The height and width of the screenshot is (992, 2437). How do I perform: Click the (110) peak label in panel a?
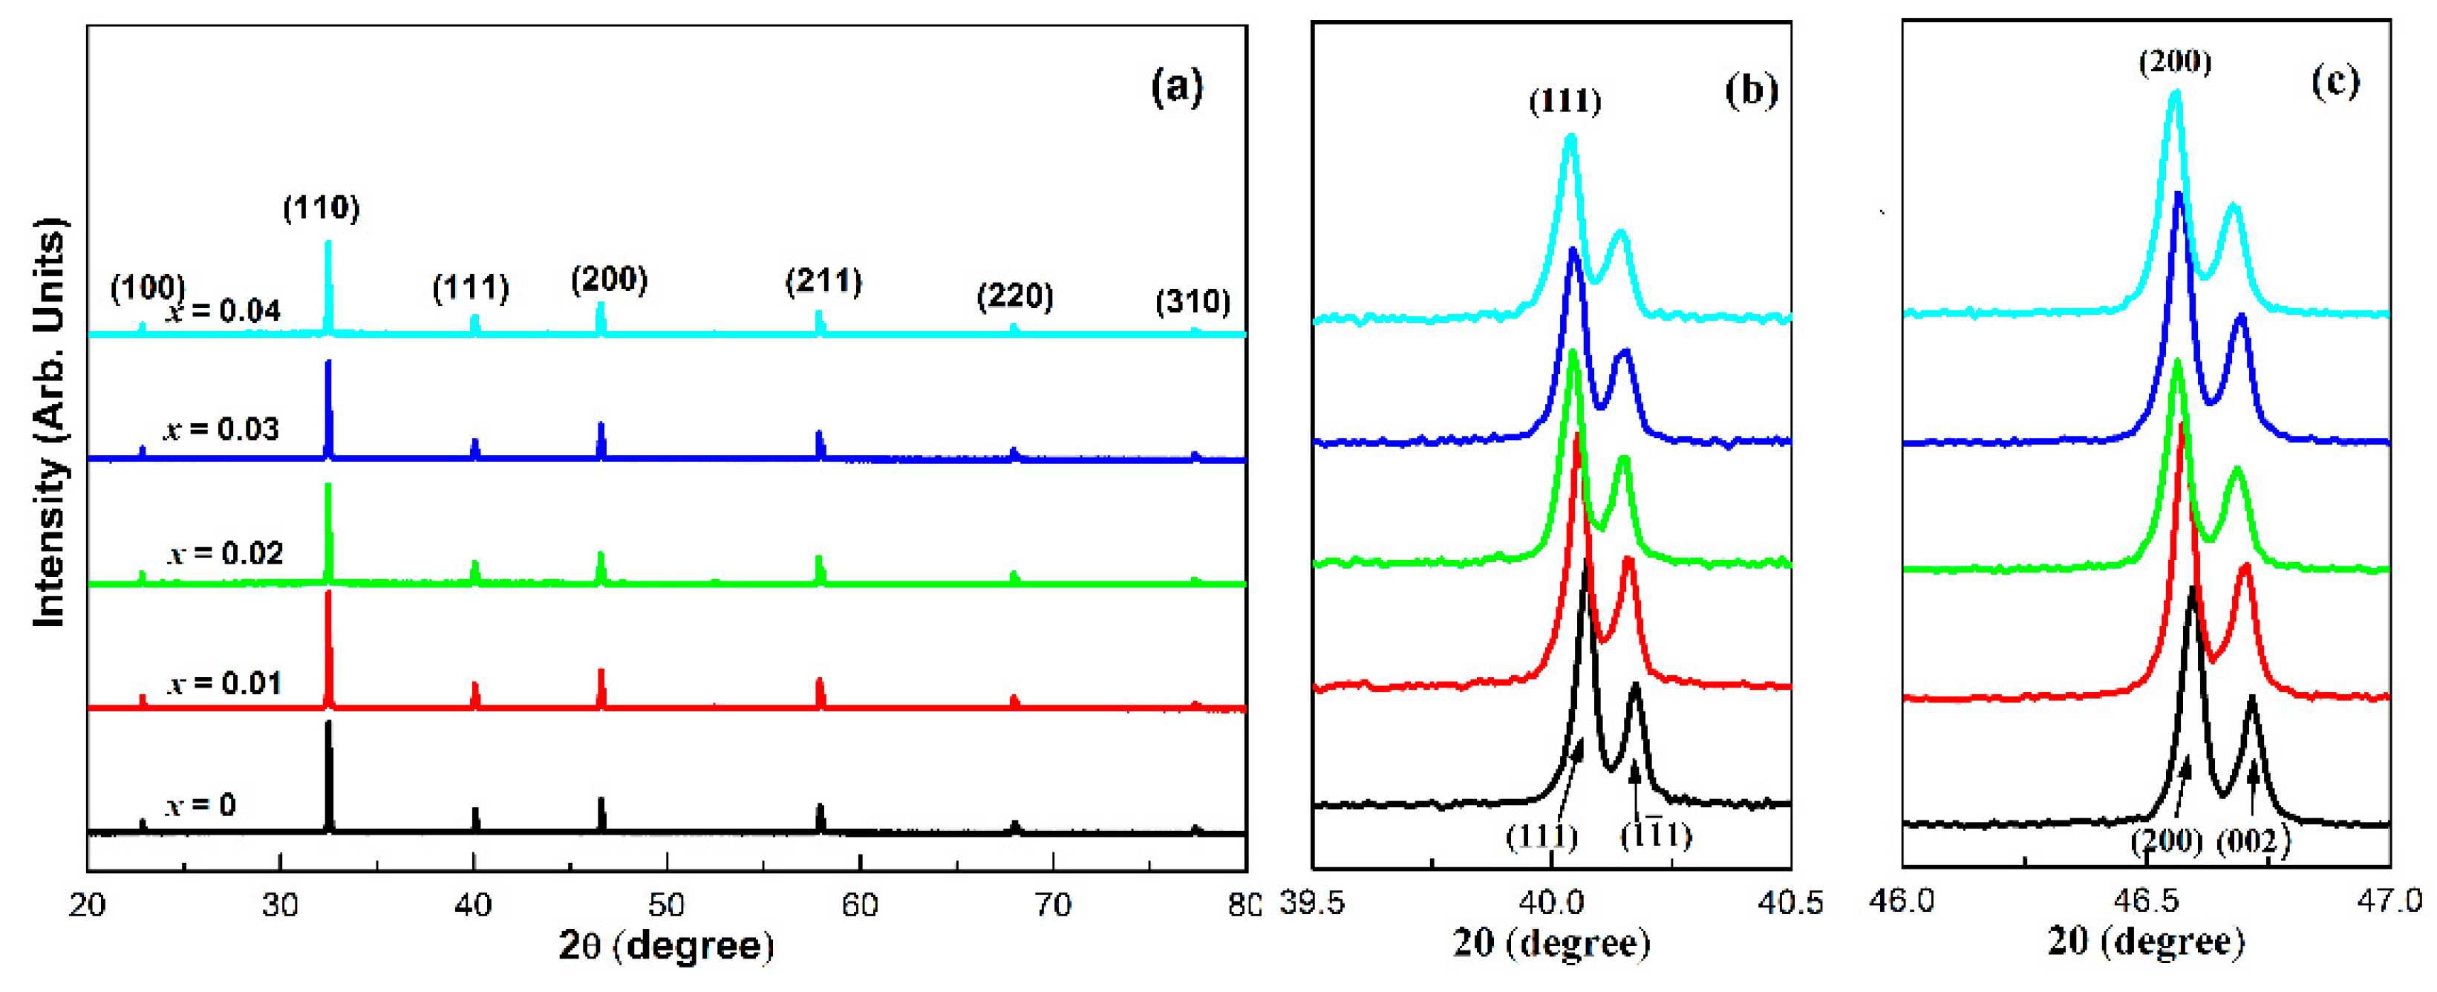(322, 208)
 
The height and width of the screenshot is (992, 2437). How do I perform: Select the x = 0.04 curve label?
(224, 311)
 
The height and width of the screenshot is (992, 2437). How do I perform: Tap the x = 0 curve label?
(200, 806)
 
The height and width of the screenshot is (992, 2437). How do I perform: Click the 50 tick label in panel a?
(666, 905)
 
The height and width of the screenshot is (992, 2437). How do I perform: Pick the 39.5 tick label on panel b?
(1312, 902)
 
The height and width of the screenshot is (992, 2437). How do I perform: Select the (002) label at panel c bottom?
(2253, 840)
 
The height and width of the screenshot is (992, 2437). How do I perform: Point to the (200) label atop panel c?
(2175, 62)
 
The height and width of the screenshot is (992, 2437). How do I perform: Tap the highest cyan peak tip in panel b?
(1570, 138)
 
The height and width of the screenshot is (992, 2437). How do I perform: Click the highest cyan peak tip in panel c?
(2175, 94)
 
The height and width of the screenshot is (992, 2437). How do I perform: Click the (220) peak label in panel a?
(1014, 297)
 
